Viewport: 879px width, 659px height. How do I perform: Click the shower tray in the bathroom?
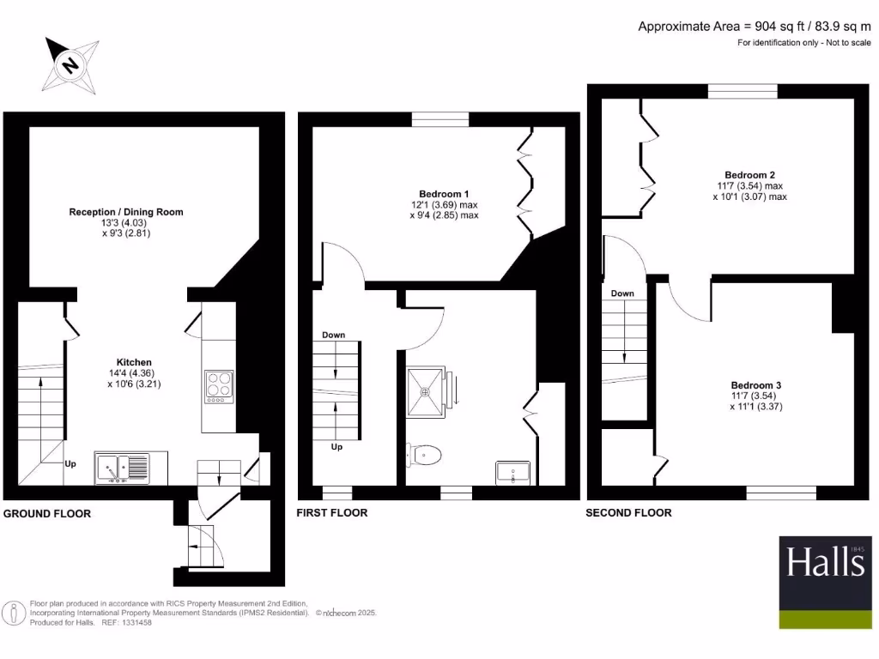[x=426, y=390]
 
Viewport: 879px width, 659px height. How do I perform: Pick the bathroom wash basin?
[x=514, y=473]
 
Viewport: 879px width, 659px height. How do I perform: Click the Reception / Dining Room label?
[x=126, y=212]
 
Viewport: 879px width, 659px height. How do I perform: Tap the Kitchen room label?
[x=135, y=363]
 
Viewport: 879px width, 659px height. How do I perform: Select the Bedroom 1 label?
[x=444, y=194]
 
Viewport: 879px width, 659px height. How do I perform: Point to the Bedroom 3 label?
[x=756, y=385]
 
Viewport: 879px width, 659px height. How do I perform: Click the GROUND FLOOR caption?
[x=47, y=513]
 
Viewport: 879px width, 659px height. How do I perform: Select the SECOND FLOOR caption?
[x=628, y=512]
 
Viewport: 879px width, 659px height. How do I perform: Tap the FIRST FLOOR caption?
[x=332, y=512]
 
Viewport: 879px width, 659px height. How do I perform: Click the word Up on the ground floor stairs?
[x=70, y=464]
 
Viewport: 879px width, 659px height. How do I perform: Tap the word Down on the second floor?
[x=622, y=293]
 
